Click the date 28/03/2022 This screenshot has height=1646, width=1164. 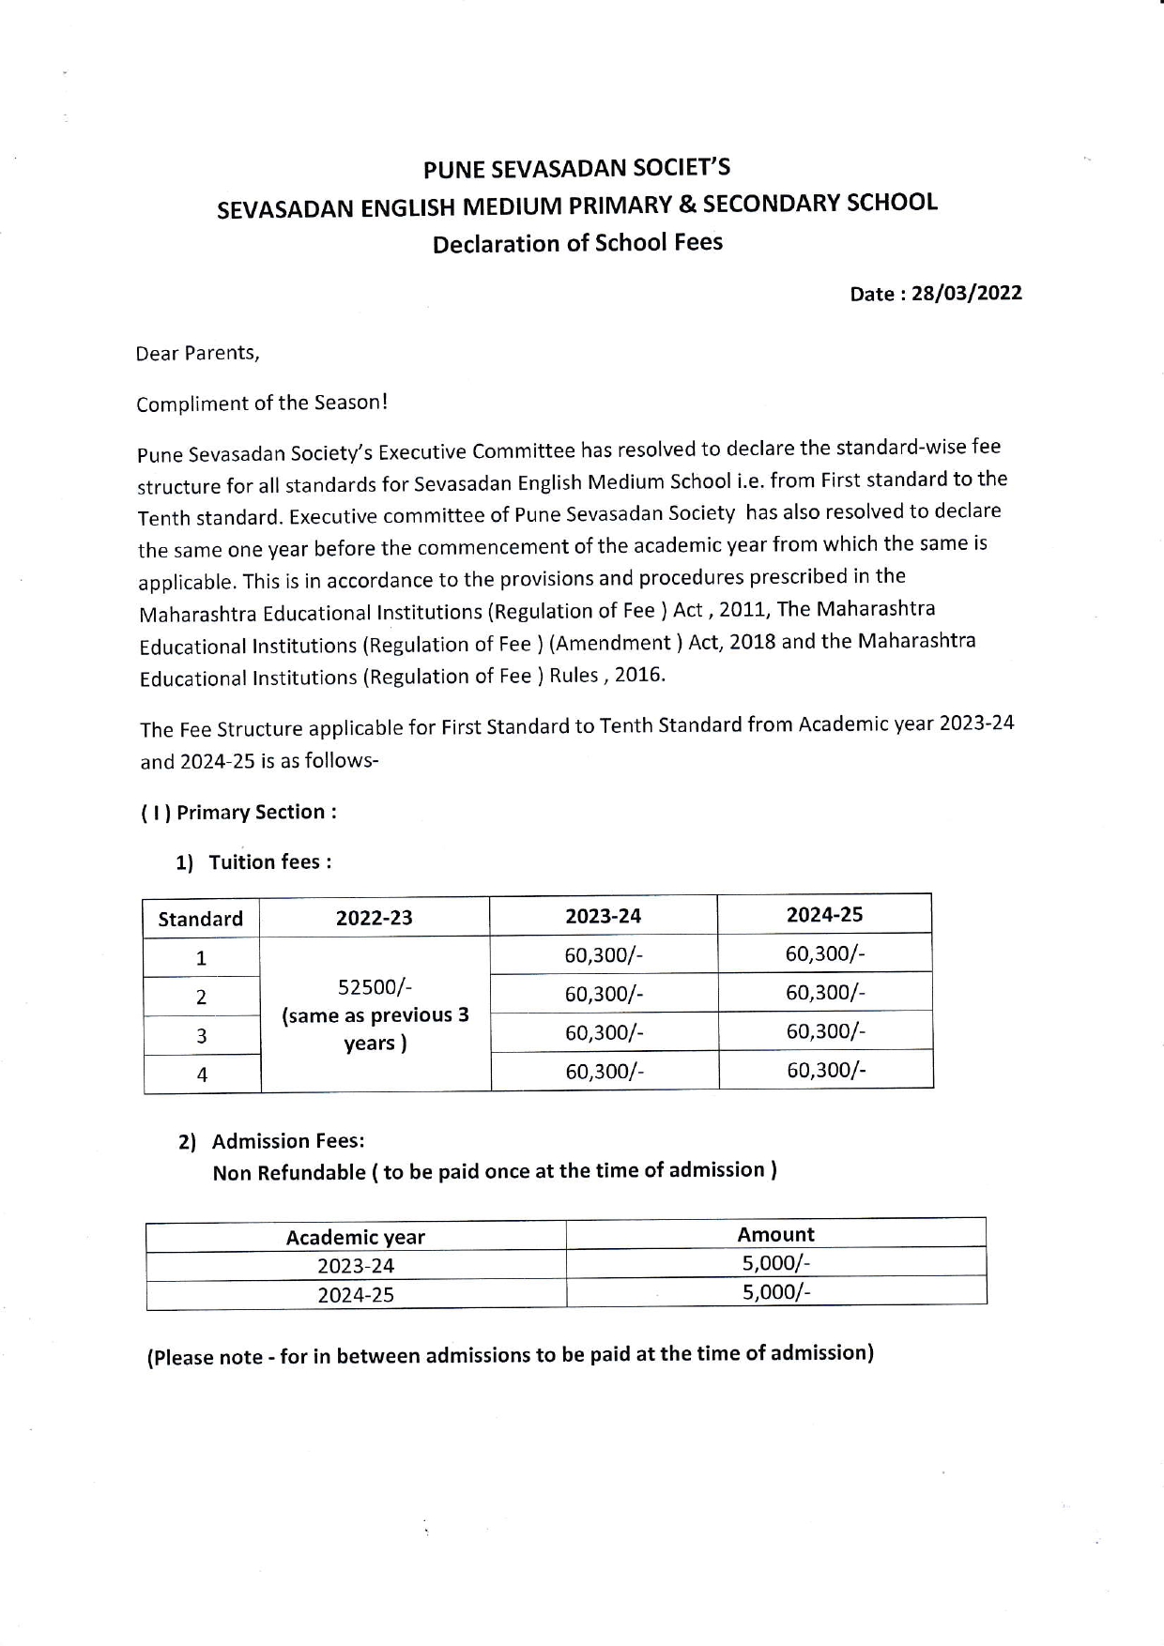966,293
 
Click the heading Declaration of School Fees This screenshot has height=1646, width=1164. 577,243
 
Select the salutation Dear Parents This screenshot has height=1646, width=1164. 197,353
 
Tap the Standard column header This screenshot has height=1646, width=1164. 200,919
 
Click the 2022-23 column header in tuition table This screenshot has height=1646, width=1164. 374,918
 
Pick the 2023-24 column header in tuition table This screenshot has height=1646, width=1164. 603,916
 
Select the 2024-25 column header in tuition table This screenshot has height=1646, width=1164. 824,914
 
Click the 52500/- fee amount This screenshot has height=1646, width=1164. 375,987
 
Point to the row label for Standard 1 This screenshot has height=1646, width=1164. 201,958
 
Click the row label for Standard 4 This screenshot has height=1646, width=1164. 202,1074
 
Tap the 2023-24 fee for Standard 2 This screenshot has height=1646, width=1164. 604,994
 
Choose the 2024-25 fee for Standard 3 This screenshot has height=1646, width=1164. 825,1031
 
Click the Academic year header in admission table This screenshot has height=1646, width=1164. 355,1237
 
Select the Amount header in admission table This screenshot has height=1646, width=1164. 775,1234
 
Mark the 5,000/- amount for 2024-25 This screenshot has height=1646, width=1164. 775,1292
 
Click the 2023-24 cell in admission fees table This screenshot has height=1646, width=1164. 355,1266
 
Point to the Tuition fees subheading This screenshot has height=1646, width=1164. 269,861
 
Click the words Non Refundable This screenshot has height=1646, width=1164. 288,1173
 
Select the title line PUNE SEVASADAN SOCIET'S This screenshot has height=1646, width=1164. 576,169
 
